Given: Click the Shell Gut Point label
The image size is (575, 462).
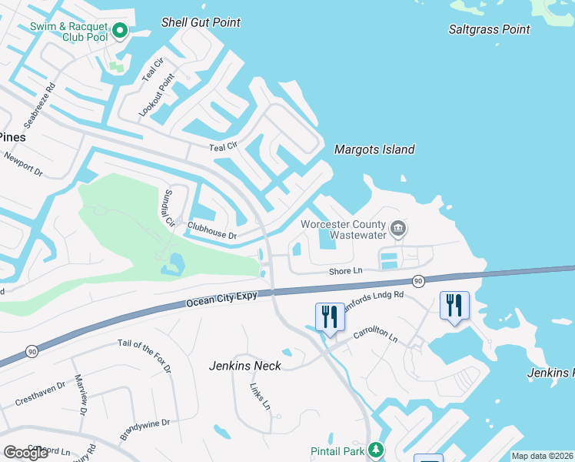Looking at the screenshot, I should (x=201, y=22).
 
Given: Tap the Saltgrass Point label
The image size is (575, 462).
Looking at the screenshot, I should (x=490, y=29).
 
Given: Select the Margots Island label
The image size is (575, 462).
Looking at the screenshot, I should (x=374, y=150).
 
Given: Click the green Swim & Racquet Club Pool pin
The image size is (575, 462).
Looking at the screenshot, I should (x=119, y=31).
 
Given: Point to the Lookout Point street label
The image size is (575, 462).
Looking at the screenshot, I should (x=157, y=95).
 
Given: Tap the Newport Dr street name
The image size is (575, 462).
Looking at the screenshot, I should (x=24, y=163).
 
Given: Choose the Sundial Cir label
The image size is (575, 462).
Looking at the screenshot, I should (x=168, y=207).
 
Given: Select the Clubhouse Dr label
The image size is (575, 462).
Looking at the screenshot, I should (x=211, y=231).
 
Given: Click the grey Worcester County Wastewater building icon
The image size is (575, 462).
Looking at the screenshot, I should (x=398, y=228).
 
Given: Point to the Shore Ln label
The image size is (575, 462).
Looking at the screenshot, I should (x=345, y=271).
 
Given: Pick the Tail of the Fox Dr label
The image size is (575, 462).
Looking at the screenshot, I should (x=145, y=357).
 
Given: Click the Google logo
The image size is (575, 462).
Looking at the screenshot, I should (x=26, y=453).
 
